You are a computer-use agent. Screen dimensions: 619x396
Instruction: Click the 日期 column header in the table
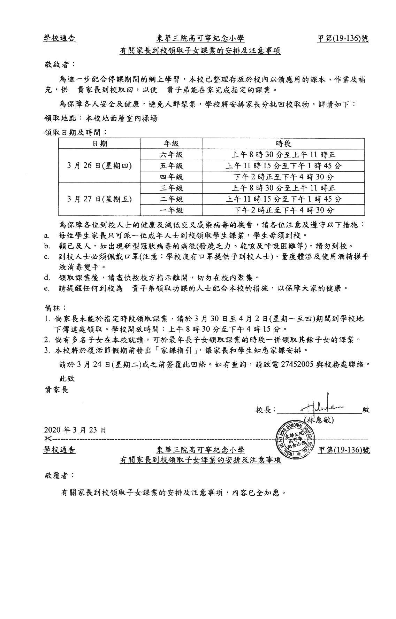point(99,144)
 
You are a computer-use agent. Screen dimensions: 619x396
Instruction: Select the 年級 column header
point(171,144)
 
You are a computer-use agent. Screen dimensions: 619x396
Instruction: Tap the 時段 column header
point(283,144)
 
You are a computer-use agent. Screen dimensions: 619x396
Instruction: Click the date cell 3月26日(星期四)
point(99,165)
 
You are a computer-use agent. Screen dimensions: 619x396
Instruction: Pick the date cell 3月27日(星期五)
point(99,199)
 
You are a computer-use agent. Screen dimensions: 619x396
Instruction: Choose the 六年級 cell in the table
point(171,155)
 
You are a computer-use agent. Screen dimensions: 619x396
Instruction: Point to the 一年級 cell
point(171,210)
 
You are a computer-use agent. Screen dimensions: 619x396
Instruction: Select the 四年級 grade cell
point(171,177)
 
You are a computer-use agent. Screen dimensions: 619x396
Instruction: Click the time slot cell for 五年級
point(283,166)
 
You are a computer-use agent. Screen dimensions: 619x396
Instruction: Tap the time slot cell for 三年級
point(283,188)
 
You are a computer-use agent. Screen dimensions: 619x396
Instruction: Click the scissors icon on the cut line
point(48,438)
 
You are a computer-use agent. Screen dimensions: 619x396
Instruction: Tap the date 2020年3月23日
point(75,430)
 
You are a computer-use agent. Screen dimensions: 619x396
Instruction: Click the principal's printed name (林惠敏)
point(319,420)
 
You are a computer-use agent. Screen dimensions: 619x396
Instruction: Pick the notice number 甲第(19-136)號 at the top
point(343,38)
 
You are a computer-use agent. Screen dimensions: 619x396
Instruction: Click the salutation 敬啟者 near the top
point(59,64)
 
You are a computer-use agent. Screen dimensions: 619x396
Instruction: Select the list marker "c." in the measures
point(46,257)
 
